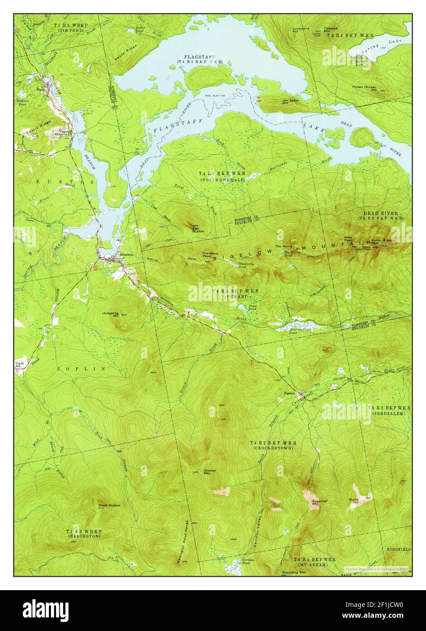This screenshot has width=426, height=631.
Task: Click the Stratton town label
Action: coord(126,255)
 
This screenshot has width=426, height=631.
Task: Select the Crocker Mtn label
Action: coord(210,472)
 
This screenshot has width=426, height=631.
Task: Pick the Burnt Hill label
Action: coord(353,501)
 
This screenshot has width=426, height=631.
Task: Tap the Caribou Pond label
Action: coord(247,562)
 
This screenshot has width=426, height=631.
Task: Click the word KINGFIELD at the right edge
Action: coord(398,549)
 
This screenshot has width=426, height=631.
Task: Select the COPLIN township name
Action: coord(82,369)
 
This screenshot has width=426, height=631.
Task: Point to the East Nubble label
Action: coord(198,229)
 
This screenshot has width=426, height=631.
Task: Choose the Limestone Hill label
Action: coord(301,30)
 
